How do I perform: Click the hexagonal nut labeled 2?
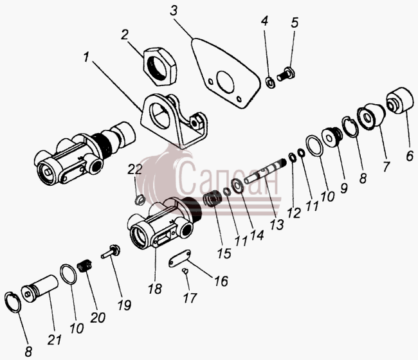[x=160, y=66]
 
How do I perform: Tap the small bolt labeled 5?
[x=286, y=74]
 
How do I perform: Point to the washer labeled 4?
[x=271, y=82]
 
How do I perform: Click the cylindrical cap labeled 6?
[x=400, y=101]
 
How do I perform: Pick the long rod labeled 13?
[x=264, y=170]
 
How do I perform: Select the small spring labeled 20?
[x=84, y=267]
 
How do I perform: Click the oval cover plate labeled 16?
[x=179, y=258]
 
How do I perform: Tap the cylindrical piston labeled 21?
[x=40, y=289]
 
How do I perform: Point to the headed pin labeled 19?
[x=111, y=251]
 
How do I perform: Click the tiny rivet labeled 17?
[x=185, y=271]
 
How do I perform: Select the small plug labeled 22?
[x=140, y=199]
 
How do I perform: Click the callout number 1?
[x=86, y=57]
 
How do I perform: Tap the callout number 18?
[x=155, y=288]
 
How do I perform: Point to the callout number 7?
[x=386, y=166]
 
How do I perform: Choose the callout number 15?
[x=224, y=253]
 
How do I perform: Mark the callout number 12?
[x=294, y=213]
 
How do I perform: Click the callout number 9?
[x=344, y=188]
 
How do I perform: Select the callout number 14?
[x=257, y=235]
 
